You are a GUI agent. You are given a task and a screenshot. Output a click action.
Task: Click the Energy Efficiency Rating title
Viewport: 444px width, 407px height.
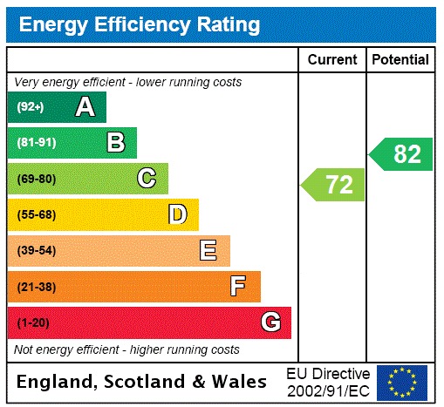pos(140,24)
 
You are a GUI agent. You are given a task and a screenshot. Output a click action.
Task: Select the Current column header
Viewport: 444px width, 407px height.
pos(332,60)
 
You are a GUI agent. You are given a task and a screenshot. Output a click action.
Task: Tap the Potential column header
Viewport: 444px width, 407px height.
pos(400,60)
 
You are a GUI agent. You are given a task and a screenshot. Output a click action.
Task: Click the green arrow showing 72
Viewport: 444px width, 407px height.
pos(333,185)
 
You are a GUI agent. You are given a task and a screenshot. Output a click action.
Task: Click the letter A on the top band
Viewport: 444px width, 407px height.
pos(85,107)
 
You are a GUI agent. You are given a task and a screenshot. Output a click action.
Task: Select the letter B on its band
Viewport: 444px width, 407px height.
pos(115,143)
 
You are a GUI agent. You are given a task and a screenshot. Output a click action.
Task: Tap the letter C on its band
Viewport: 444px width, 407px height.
pos(147,179)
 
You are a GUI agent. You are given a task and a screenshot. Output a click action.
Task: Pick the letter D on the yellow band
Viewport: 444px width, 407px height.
pos(177,214)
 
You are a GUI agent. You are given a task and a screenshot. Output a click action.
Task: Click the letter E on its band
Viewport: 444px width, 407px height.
pos(208,251)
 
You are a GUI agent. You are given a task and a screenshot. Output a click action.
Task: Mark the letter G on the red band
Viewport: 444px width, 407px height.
pos(270,322)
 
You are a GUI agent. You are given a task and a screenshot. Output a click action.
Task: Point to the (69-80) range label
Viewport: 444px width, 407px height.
pos(36,179)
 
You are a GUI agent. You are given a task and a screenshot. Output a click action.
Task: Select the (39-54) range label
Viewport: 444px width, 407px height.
pos(36,251)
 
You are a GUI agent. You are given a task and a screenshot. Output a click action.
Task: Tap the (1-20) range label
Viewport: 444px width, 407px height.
pos(32,322)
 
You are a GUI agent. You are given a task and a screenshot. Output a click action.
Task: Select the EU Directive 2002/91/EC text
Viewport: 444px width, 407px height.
pos(328,382)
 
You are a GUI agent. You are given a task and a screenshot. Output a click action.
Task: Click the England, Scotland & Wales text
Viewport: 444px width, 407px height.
pos(142,382)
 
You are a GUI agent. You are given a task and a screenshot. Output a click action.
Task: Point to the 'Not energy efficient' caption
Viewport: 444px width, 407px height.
pos(126,349)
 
